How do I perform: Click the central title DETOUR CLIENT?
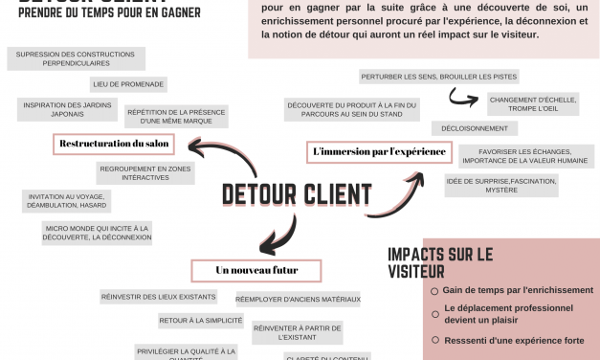[x=297, y=194]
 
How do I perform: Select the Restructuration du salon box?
[x=114, y=144]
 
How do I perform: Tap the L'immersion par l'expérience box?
[x=379, y=151]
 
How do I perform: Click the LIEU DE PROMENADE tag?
[x=128, y=84]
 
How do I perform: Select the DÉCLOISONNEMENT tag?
[x=468, y=128]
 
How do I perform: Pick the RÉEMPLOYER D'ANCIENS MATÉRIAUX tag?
[x=297, y=300]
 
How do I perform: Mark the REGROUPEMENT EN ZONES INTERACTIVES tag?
[x=144, y=172]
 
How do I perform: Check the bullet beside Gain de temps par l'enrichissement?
[x=434, y=290]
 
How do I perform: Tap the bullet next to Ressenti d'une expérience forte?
[x=434, y=340]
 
